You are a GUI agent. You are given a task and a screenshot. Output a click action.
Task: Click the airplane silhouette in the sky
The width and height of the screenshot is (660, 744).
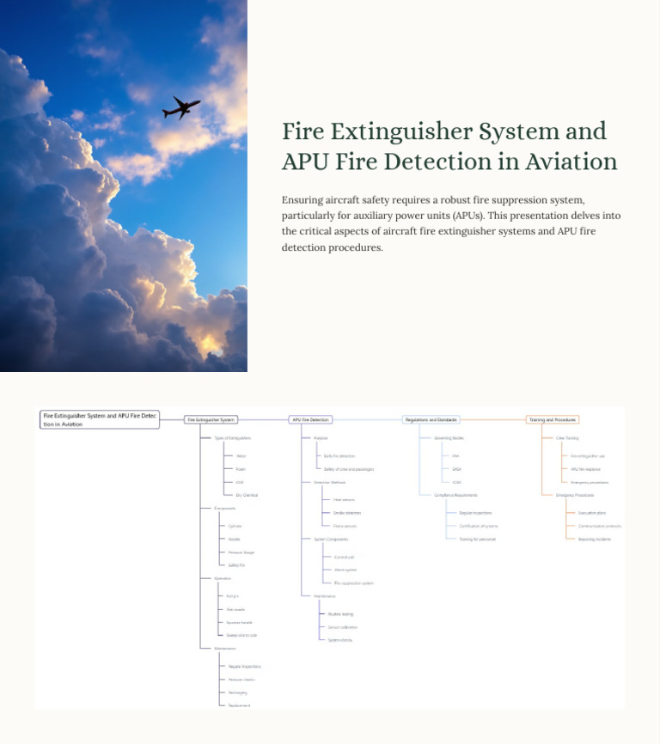click(x=180, y=108)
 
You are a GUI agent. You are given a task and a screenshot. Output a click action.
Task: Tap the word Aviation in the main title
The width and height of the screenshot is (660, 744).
click(x=571, y=162)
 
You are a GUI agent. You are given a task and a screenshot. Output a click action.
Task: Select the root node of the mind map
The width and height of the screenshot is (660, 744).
click(x=100, y=419)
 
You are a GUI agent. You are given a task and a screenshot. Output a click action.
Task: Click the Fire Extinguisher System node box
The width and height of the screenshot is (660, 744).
click(x=211, y=420)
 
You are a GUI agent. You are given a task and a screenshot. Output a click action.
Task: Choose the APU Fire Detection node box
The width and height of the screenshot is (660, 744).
click(x=310, y=420)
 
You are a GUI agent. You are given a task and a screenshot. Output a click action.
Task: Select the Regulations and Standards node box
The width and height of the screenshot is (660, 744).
click(x=431, y=420)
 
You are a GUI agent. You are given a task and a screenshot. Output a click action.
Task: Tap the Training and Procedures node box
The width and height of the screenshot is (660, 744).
click(x=553, y=420)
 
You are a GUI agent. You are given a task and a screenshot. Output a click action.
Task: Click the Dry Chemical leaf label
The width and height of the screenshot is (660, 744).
click(x=247, y=495)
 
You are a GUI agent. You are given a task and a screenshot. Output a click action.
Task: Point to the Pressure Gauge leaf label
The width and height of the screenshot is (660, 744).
click(x=241, y=552)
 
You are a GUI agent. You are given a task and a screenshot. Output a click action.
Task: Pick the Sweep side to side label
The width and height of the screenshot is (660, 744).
click(x=241, y=635)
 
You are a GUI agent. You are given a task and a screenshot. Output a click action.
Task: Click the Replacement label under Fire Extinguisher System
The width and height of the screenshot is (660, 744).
click(x=239, y=705)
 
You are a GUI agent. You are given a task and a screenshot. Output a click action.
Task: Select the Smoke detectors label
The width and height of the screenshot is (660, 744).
click(x=347, y=513)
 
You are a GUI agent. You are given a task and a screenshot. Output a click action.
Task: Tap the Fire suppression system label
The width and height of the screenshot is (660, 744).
click(x=353, y=583)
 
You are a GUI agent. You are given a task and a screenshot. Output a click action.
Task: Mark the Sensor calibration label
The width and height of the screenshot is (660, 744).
click(x=343, y=627)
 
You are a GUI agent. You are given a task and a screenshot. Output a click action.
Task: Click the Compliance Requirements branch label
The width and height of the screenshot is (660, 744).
click(x=456, y=495)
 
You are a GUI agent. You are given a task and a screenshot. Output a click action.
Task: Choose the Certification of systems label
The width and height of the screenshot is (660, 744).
click(x=479, y=526)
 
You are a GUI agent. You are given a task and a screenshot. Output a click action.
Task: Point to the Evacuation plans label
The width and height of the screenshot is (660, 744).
click(x=592, y=513)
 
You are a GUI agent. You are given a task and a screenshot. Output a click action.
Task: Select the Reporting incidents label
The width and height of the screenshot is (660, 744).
click(x=595, y=539)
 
